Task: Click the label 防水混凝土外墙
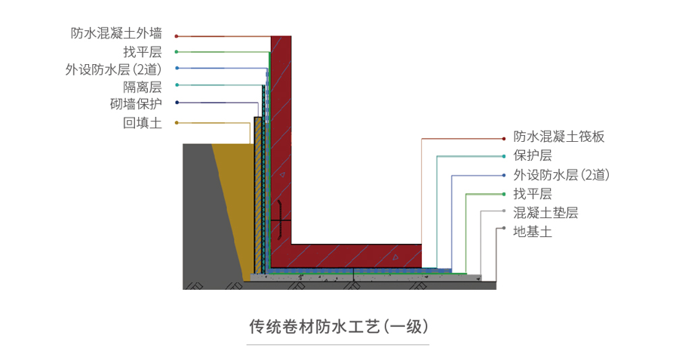[116, 33]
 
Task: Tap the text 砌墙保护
[136, 103]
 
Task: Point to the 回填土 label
[143, 122]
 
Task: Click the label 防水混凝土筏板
[559, 137]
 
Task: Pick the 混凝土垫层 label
[545, 212]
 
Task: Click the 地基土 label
[533, 231]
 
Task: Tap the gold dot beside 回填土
[177, 122]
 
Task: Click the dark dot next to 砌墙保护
[177, 103]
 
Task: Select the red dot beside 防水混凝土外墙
[177, 35]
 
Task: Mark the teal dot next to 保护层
[503, 156]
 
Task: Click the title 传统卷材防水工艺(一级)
[339, 327]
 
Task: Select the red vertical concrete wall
[281, 136]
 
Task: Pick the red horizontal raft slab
[355, 255]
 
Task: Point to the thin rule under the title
[339, 345]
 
